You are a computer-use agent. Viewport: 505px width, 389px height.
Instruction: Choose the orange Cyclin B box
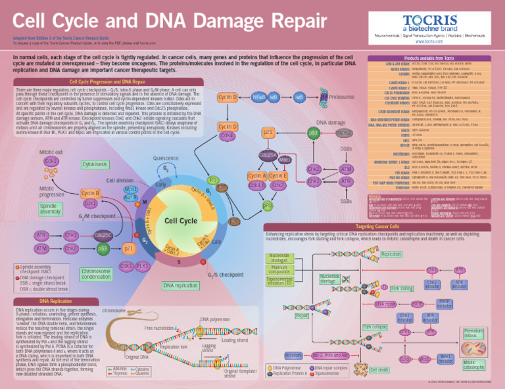(x=90, y=193)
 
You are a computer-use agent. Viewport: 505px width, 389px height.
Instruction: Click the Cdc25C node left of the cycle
(x=102, y=235)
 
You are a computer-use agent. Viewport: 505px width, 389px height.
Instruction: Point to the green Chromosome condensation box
(x=96, y=275)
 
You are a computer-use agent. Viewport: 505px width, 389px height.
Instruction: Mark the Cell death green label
(x=379, y=370)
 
